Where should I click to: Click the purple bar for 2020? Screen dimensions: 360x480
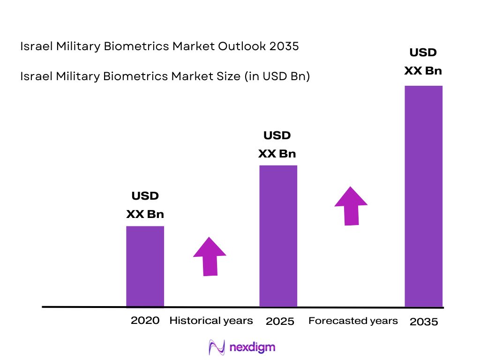(x=145, y=266)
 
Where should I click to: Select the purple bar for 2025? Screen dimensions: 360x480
(x=278, y=236)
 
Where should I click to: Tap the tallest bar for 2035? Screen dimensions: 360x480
(x=423, y=196)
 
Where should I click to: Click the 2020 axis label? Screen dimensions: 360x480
(x=145, y=321)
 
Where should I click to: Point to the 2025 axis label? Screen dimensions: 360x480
(x=280, y=322)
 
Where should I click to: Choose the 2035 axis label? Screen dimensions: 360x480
(x=424, y=322)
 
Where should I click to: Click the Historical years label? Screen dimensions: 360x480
(x=211, y=321)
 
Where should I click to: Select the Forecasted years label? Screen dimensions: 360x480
(x=353, y=321)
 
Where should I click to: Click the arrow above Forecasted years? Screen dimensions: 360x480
(x=351, y=206)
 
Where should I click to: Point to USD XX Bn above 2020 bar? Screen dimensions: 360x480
(x=145, y=205)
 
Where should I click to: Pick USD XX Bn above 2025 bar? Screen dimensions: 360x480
(x=277, y=144)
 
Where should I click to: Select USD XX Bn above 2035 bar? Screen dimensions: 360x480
(x=423, y=61)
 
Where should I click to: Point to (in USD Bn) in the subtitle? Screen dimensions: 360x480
(x=277, y=76)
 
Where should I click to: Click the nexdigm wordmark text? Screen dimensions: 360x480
(x=253, y=347)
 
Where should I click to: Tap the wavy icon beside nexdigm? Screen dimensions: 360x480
(x=217, y=347)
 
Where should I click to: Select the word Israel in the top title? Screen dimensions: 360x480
(x=33, y=47)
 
